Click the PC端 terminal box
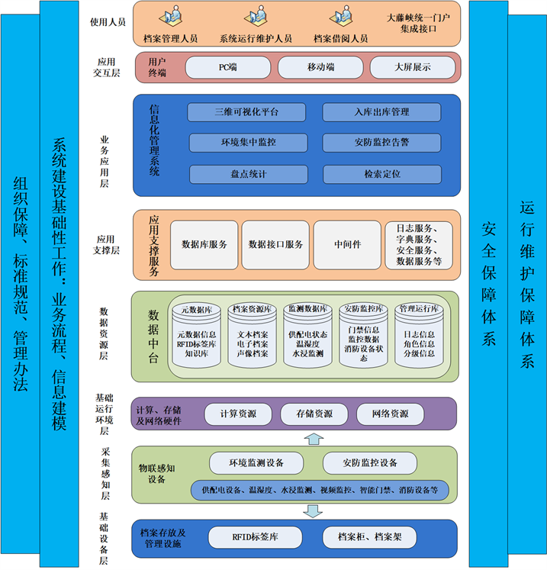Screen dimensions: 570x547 (x=227, y=67)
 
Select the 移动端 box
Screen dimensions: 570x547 (x=320, y=67)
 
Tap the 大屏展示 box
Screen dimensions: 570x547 (x=412, y=67)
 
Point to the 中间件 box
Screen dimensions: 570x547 (x=347, y=245)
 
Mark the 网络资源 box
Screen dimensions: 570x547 (x=389, y=414)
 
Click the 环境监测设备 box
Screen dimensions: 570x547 (x=257, y=463)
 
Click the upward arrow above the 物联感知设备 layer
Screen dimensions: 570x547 (x=312, y=438)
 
